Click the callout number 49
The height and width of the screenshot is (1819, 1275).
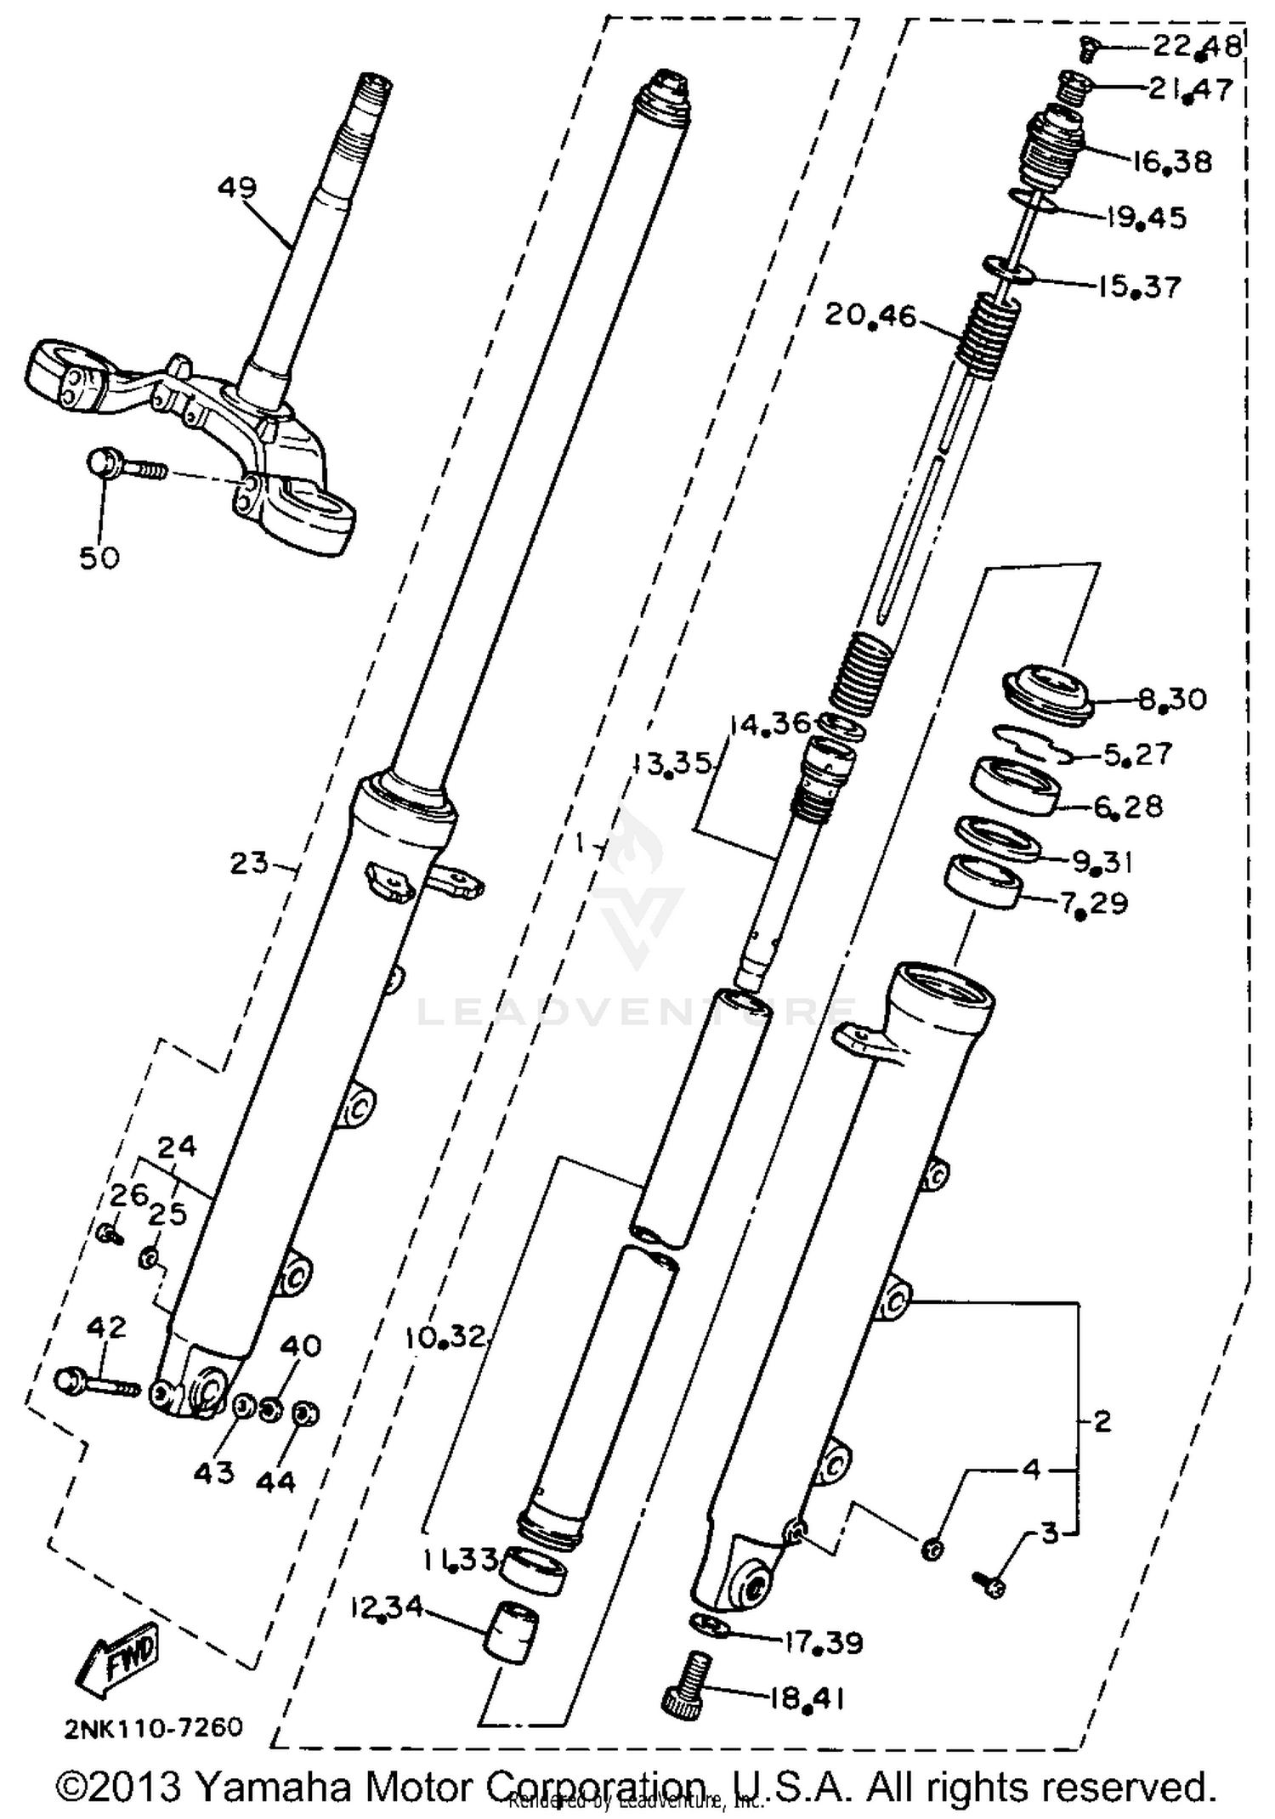click(236, 187)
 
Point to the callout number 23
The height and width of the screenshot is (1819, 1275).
click(249, 864)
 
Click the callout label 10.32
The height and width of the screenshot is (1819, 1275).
click(445, 1337)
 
